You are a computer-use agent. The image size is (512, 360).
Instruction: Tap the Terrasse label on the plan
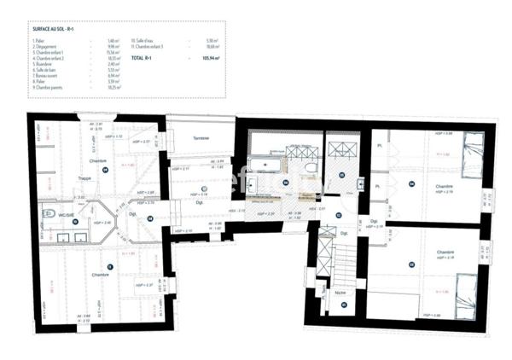(x=201, y=137)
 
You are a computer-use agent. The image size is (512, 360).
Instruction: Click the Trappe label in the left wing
(x=84, y=177)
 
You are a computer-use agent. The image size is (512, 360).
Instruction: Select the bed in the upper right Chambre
(x=468, y=157)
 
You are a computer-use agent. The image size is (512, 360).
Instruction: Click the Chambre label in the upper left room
(x=97, y=160)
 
